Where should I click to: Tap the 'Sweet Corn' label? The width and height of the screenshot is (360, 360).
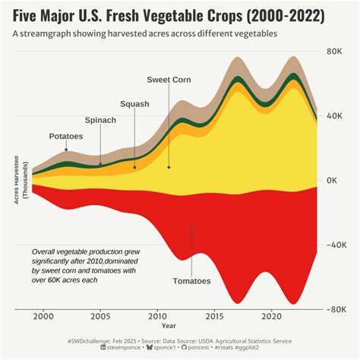click(x=169, y=80)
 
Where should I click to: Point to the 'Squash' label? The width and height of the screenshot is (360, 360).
click(x=134, y=104)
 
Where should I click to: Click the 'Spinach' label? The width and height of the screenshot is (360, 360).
click(x=100, y=120)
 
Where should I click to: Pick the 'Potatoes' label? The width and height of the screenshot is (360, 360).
click(x=66, y=136)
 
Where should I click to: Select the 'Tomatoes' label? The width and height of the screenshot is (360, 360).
click(x=191, y=281)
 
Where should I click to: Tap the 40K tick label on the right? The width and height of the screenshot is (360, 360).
click(x=337, y=115)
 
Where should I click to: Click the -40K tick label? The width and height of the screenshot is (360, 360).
click(x=336, y=245)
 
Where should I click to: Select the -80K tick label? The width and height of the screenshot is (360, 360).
click(x=336, y=310)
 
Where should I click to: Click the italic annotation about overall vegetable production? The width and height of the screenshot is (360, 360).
click(x=86, y=265)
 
